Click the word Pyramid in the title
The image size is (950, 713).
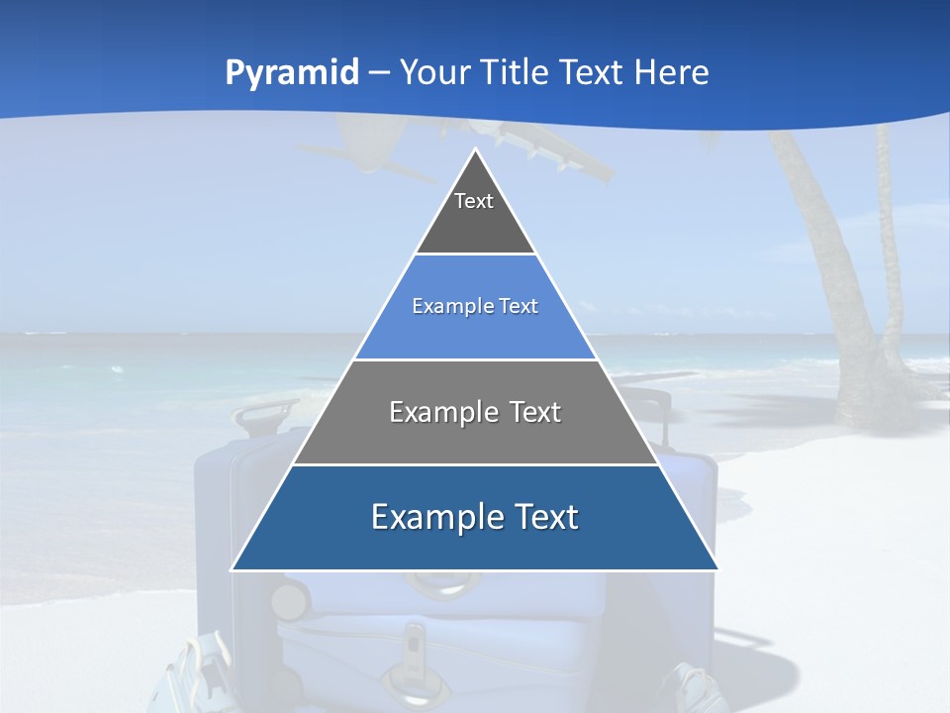(x=292, y=73)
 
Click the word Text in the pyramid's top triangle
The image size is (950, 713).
(x=474, y=201)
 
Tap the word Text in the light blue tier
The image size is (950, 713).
(x=520, y=306)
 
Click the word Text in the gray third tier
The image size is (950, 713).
(x=535, y=412)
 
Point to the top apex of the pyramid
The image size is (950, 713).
(x=475, y=150)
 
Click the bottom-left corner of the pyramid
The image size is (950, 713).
(x=233, y=569)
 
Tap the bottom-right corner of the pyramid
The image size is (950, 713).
(x=717, y=569)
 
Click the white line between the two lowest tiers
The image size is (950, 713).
(x=475, y=464)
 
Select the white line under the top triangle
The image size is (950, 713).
(x=475, y=255)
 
